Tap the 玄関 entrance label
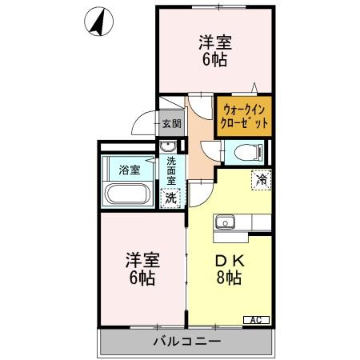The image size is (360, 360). (171, 123)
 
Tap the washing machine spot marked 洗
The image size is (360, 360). (170, 197)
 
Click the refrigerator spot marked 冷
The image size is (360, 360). (261, 180)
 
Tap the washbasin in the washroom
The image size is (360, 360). (168, 146)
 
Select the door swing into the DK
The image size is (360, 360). (199, 192)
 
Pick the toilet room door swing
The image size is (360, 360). (210, 150)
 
